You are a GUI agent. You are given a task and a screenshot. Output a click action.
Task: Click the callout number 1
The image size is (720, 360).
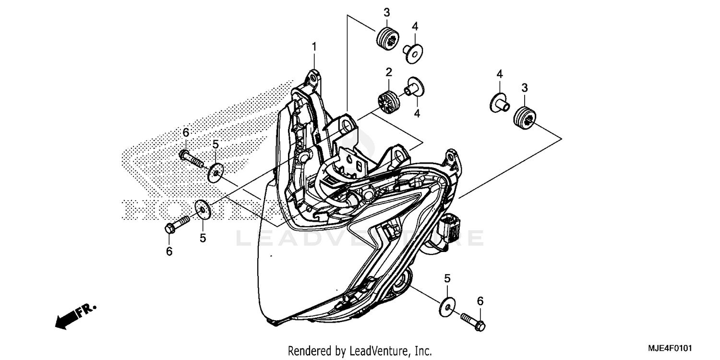314,47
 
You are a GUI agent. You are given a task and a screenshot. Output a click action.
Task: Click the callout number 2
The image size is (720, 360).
388,72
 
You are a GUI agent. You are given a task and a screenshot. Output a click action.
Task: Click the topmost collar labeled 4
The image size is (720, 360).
412,51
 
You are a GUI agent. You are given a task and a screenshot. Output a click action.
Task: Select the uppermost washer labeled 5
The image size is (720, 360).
216,172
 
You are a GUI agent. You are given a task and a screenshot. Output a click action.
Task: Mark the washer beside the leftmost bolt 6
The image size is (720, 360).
203,210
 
